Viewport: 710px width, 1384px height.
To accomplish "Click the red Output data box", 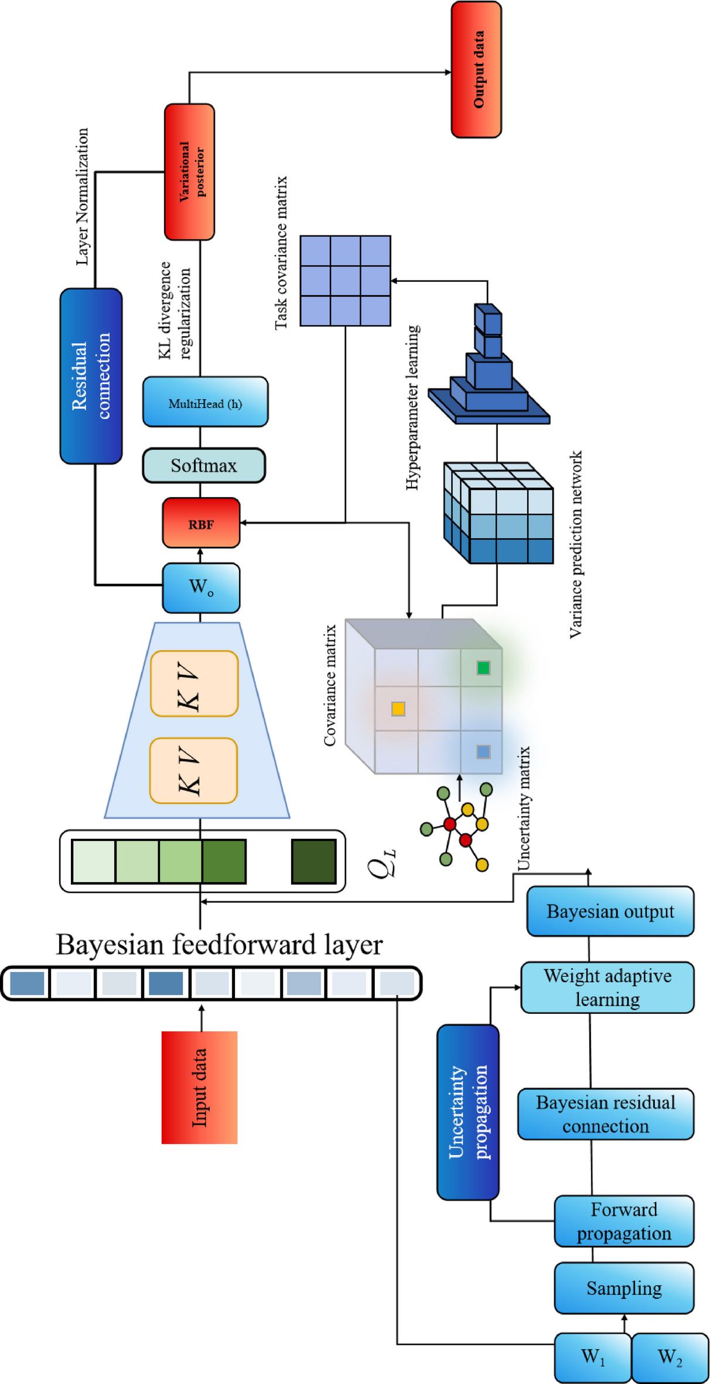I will [476, 70].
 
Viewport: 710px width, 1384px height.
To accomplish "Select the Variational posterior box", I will [189, 172].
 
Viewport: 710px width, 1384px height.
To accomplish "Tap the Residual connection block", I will [91, 375].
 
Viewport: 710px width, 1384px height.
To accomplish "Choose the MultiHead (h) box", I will [205, 402].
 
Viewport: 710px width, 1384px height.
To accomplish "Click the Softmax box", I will [204, 466].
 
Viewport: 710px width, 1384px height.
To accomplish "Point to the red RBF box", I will [201, 523].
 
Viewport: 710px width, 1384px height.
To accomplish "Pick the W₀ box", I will [201, 587].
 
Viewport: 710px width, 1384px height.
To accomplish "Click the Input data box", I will [199, 1087].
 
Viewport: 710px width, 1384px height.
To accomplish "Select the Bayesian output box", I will [610, 911].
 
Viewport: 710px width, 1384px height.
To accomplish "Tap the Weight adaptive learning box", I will [607, 987].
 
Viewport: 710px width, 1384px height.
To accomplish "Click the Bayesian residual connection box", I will [606, 1114].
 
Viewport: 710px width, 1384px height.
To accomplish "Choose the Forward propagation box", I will [624, 1221].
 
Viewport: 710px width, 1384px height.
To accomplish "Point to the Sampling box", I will [624, 1288].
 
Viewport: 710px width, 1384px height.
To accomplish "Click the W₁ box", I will [592, 1357].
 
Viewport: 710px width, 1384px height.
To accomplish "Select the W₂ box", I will [670, 1357].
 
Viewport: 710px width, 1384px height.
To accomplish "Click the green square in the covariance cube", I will [483, 668].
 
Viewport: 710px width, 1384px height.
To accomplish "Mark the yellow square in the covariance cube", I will [398, 709].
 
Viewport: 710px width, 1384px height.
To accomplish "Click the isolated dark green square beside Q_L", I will [314, 861].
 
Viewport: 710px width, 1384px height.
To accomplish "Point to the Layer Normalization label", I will [83, 196].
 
